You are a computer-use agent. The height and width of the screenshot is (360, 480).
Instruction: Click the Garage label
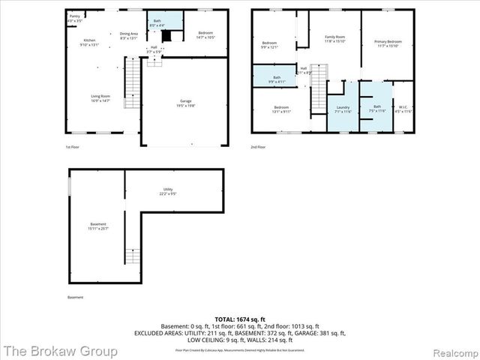coord(185,103)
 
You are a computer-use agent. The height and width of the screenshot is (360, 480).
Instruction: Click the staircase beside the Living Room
coord(132,83)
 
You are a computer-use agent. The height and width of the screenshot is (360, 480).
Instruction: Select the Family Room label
coord(334,38)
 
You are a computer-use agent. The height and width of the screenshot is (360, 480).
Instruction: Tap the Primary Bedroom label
coord(388,43)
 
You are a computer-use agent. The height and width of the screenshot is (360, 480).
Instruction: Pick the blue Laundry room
coord(343,109)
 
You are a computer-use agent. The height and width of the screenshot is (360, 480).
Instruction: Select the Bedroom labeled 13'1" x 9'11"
coord(281,109)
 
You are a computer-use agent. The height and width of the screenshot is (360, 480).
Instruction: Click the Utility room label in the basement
coord(168,193)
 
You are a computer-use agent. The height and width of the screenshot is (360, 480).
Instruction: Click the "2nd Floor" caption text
coord(259,147)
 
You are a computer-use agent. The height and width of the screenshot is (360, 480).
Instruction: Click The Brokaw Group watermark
coord(59,350)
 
